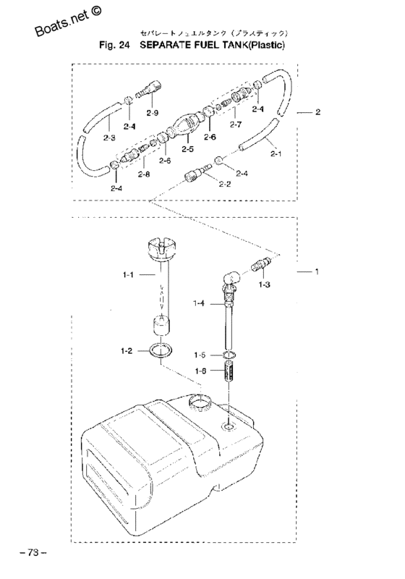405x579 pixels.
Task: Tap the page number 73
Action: coord(33,552)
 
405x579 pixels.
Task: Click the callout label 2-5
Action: coord(187,148)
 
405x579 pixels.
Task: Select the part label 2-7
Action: coord(236,124)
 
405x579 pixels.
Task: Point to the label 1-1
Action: coord(129,275)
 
